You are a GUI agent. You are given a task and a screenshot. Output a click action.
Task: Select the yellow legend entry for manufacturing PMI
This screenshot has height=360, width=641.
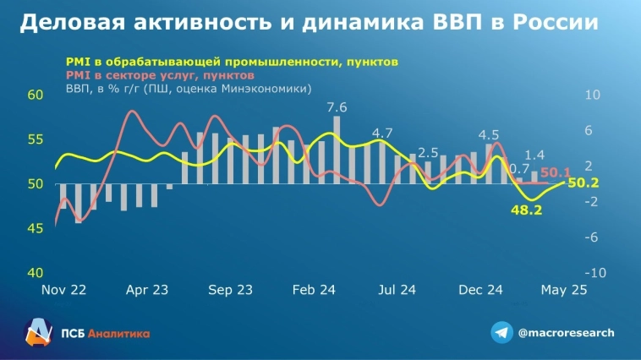pos(232,63)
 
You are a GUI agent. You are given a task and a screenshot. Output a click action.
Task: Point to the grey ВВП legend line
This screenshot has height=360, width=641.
pos(189,89)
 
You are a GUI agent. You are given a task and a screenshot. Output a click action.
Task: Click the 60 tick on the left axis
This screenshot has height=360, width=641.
pos(34,95)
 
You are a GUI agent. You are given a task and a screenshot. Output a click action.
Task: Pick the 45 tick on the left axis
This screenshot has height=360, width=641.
pos(34,228)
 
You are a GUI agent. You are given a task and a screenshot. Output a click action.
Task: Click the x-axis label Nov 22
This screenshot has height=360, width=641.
pos(63,290)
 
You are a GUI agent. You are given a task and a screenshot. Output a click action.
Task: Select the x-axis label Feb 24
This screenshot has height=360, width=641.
pos(314,290)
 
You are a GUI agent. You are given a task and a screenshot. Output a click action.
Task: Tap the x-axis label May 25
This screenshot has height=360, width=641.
pos(565,290)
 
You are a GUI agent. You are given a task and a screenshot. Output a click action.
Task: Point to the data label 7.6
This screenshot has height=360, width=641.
pos(337,107)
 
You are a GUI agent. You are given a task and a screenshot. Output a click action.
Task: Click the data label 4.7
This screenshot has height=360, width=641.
pos(382,134)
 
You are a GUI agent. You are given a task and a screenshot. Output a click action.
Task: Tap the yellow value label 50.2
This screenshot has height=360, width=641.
pos(583,183)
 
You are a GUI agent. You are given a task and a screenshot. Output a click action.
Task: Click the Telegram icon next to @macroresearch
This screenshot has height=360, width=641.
pos(502,332)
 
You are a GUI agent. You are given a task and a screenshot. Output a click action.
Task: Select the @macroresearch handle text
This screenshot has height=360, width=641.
pos(566,333)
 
